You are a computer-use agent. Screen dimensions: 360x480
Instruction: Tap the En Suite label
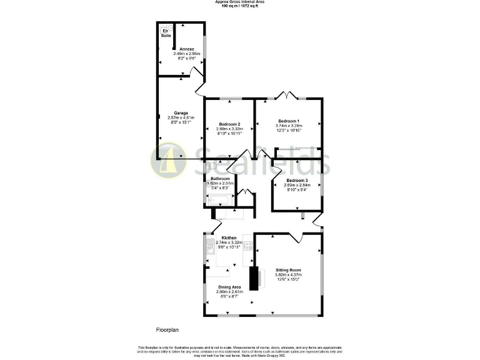tap(166, 33)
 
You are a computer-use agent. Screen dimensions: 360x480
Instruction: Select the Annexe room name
tap(187, 49)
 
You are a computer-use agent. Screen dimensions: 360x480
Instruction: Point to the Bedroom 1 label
tap(289, 121)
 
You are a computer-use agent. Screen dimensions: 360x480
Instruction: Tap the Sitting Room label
tap(289, 269)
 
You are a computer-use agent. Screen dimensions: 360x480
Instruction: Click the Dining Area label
tap(229, 287)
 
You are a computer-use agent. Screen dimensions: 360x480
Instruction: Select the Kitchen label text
tap(229, 237)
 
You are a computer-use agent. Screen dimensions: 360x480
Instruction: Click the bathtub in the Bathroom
tap(220, 201)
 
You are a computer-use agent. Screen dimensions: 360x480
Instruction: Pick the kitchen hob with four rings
tap(247, 246)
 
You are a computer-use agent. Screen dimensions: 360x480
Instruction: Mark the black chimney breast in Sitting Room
tap(254, 278)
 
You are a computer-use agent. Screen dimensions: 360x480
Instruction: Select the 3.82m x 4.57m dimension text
tap(289, 274)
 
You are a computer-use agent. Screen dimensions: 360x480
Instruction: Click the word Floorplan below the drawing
tap(167, 329)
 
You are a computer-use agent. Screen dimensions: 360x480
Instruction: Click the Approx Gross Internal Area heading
tap(239, 2)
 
